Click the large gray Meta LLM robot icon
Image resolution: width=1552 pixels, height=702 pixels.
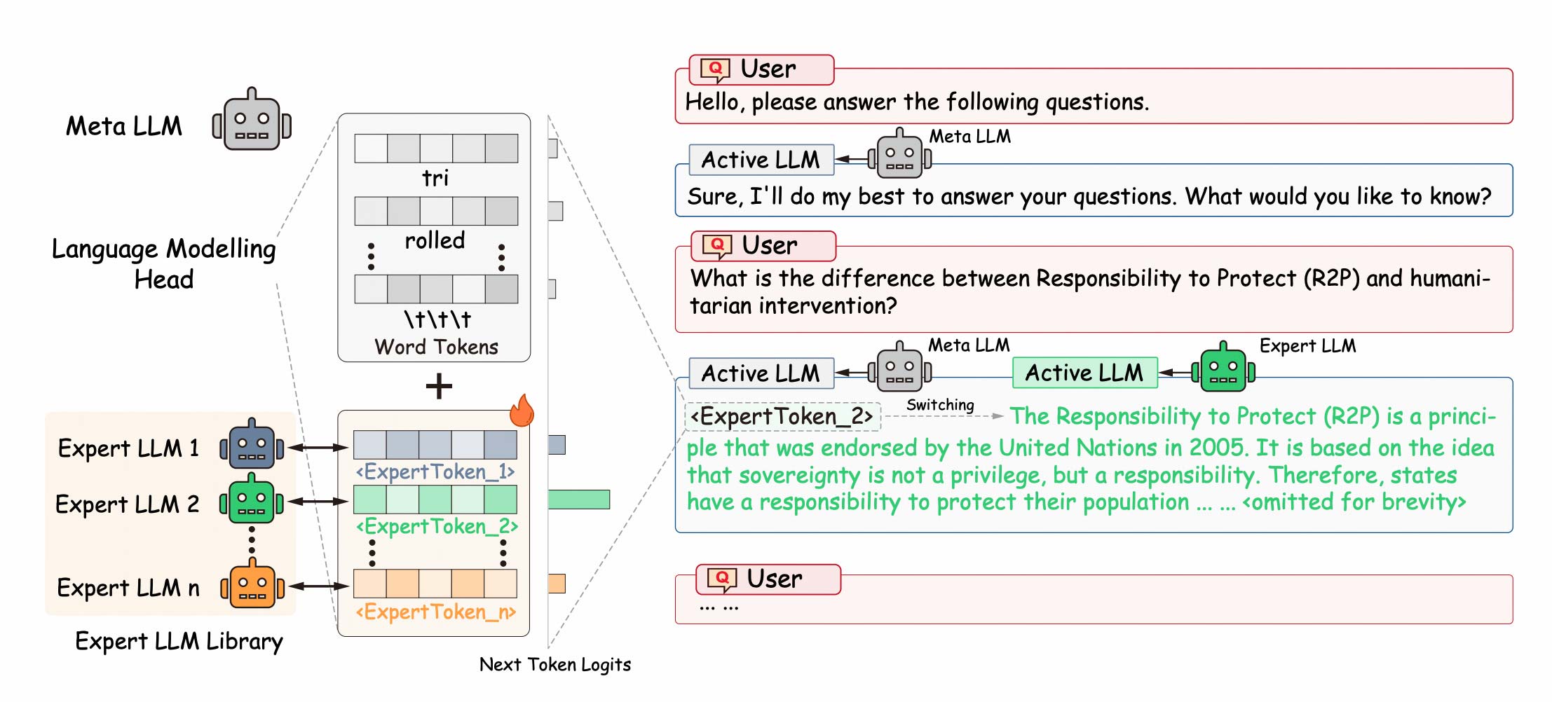[x=252, y=121]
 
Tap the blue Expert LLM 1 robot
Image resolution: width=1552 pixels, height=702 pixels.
[x=252, y=444]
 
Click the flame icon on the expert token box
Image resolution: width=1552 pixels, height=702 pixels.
[x=522, y=411]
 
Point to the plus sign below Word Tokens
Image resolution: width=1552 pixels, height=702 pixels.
[x=439, y=386]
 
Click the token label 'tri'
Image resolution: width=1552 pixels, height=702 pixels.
[x=435, y=178]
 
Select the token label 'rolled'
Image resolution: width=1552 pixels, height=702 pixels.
[x=435, y=240]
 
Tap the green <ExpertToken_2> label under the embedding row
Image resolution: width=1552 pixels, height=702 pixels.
[x=437, y=526]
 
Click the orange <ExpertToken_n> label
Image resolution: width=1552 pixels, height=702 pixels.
[x=436, y=612]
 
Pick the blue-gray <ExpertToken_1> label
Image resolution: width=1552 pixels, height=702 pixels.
[x=435, y=472]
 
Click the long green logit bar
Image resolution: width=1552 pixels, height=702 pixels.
[x=579, y=500]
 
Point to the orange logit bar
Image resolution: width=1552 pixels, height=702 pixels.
[x=557, y=584]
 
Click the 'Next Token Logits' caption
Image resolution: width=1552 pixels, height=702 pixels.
[x=554, y=664]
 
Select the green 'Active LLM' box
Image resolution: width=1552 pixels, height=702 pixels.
[x=1084, y=373]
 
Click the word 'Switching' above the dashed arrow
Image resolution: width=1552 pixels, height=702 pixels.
[x=940, y=405]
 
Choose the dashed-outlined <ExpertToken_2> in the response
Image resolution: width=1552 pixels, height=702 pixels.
[x=782, y=416]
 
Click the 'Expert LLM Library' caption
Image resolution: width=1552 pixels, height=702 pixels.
[x=179, y=641]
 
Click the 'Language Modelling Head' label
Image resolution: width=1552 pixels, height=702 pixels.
[x=163, y=264]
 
